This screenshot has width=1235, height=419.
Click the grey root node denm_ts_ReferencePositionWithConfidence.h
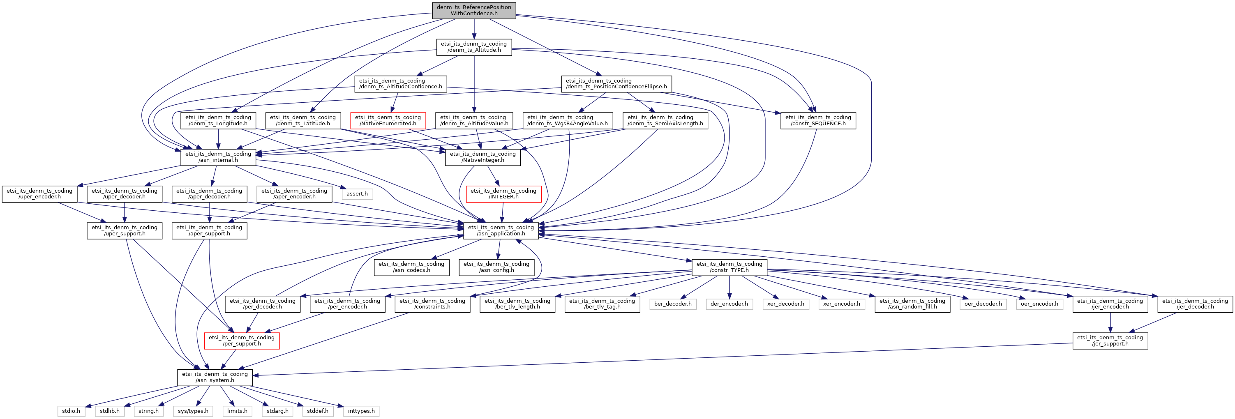pos(474,11)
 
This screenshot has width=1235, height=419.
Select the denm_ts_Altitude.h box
pos(474,47)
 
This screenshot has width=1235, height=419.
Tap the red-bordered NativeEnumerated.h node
pos(388,120)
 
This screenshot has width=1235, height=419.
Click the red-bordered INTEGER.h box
pos(503,193)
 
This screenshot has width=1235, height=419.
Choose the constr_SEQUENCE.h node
pos(818,120)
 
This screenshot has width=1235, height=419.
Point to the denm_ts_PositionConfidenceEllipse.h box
pos(616,84)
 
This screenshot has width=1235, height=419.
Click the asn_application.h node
pos(501,230)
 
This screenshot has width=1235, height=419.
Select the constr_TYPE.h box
pos(729,267)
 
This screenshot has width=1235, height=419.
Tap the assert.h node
pos(357,193)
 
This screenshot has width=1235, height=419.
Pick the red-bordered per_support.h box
pos(242,341)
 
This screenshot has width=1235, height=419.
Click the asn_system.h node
pos(215,377)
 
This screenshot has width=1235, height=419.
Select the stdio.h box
pos(71,411)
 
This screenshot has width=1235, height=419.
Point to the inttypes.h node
pos(361,411)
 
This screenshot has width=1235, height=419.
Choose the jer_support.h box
pos(1110,341)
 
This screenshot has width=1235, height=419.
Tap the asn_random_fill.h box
pos(912,304)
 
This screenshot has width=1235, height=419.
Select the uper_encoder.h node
pos(39,193)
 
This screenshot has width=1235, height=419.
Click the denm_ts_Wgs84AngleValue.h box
pos(567,120)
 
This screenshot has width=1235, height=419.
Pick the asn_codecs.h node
pos(411,267)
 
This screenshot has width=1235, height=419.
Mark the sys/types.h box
pos(193,411)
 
